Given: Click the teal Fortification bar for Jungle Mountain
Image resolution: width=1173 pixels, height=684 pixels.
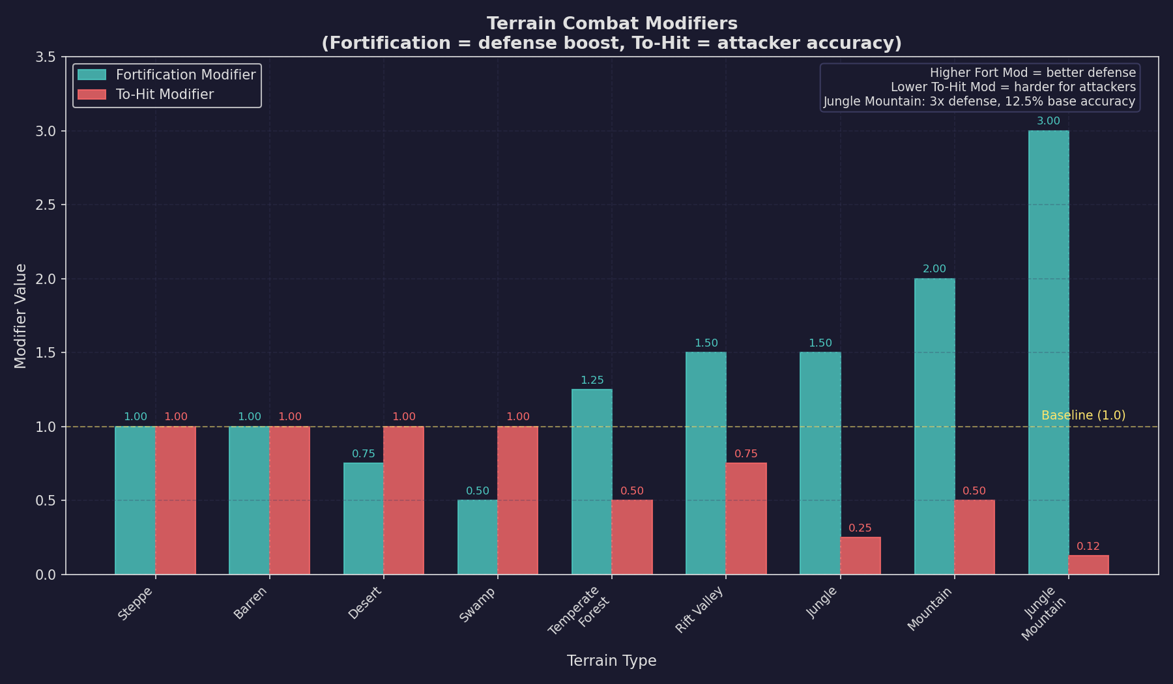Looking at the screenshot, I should tap(1049, 352).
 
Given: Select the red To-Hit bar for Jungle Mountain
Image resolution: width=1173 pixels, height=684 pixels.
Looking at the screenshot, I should tap(1088, 565).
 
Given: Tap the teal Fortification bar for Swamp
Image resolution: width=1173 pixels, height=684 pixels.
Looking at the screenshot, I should tap(478, 537).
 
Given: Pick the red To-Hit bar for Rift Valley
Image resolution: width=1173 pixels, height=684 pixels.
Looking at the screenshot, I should tap(746, 519).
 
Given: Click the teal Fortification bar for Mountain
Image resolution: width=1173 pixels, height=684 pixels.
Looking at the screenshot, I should tap(934, 427).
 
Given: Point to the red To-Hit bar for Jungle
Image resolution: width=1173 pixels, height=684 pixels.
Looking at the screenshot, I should tap(860, 556).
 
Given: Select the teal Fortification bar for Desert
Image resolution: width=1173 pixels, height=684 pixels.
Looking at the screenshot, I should tap(364, 519).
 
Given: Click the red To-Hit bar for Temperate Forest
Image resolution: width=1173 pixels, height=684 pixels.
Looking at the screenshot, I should tap(631, 537).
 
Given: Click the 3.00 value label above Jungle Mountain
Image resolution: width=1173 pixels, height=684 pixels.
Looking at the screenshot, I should tap(1049, 121).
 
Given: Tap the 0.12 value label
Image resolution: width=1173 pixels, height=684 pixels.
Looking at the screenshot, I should tap(1088, 547).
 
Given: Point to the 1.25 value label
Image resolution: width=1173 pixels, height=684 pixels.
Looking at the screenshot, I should tap(592, 380).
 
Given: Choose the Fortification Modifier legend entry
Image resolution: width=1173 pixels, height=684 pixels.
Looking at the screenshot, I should tap(185, 75).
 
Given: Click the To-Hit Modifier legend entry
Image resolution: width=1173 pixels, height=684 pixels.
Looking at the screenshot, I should tap(164, 94).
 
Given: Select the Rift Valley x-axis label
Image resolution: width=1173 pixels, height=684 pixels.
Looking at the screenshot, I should tap(700, 610).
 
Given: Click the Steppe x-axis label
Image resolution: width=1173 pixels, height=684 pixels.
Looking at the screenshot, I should tap(136, 603).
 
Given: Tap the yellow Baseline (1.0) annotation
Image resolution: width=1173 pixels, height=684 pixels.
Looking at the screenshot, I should tap(1083, 416).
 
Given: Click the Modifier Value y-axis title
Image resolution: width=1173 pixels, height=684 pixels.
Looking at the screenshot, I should tap(21, 316).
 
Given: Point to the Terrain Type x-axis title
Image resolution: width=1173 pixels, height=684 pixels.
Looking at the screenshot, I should tap(611, 661).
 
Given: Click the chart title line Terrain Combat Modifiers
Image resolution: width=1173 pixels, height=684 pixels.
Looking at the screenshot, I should tap(611, 23).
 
